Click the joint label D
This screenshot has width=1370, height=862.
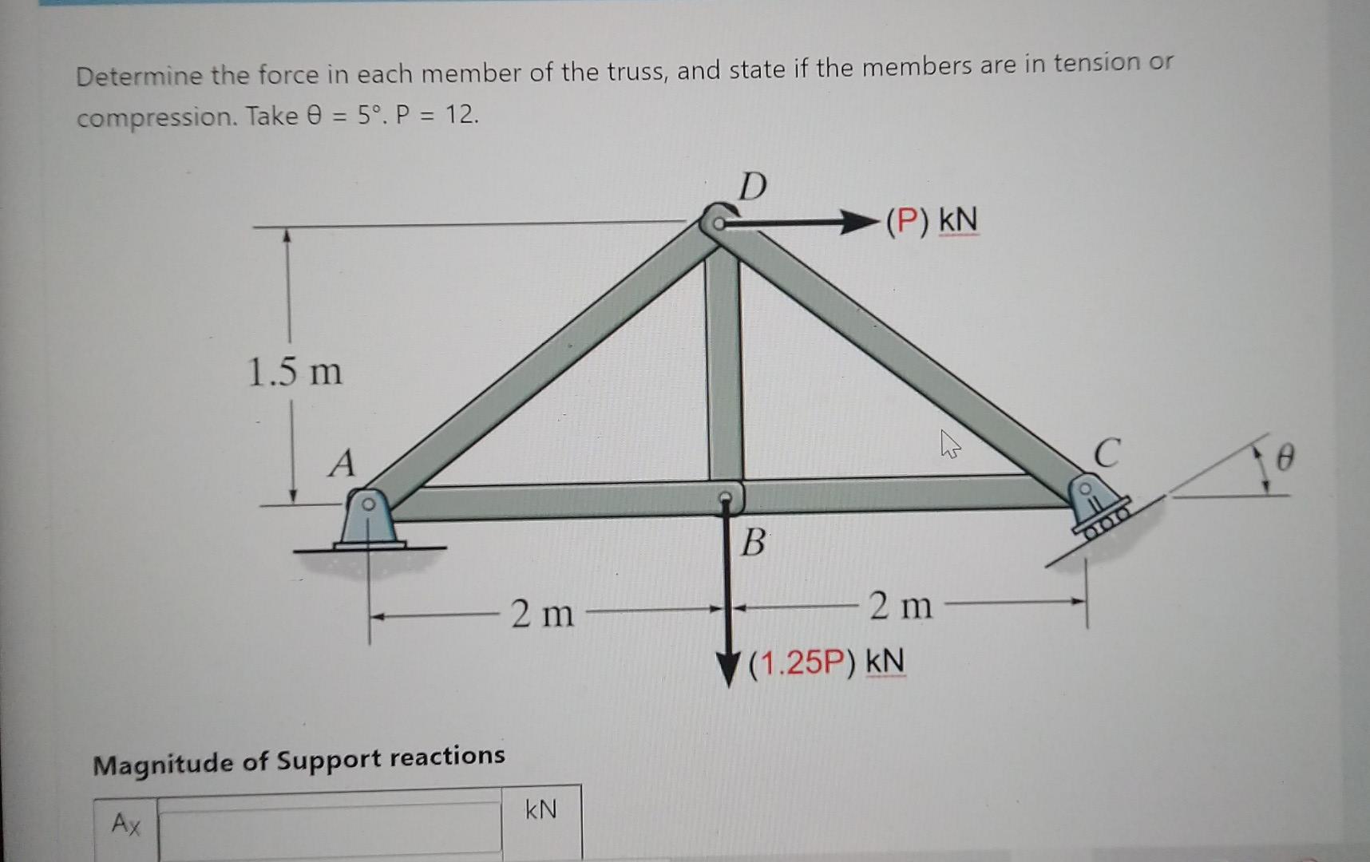(752, 186)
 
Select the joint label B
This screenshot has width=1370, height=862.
(752, 543)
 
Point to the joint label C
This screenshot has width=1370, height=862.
(1107, 453)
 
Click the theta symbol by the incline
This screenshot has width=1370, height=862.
(1285, 459)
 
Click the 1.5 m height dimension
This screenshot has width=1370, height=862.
(295, 372)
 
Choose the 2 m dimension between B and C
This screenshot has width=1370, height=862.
(901, 606)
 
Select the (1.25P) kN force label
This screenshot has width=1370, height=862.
(826, 662)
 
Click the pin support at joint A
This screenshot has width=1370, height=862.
(366, 520)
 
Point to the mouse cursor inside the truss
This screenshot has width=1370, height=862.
(949, 444)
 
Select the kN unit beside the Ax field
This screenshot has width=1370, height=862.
(540, 810)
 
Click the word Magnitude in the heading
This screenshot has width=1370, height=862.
(164, 764)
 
